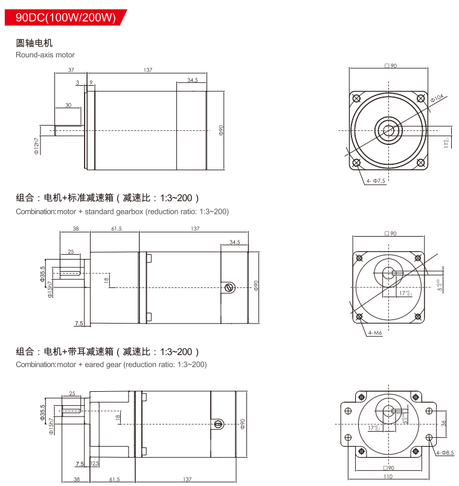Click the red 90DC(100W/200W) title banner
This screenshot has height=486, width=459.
pyautogui.click(x=65, y=18)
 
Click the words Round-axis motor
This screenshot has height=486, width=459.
pyautogui.click(x=45, y=55)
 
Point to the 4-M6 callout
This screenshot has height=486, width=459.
pyautogui.click(x=374, y=332)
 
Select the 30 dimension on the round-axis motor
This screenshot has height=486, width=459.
pyautogui.click(x=68, y=105)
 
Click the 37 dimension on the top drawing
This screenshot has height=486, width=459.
pyautogui.click(x=71, y=70)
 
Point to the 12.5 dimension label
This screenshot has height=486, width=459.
pyautogui.click(x=94, y=464)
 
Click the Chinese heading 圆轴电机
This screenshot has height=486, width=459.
pyautogui.click(x=34, y=43)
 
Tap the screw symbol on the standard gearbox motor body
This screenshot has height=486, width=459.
pyautogui.click(x=228, y=287)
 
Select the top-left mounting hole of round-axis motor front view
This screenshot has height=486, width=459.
pyautogui.click(x=356, y=98)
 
